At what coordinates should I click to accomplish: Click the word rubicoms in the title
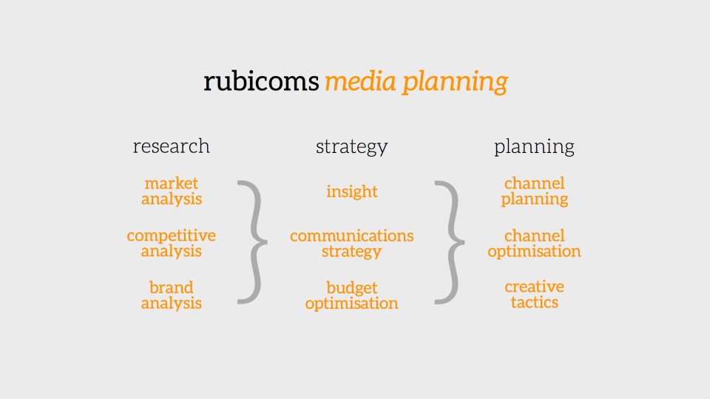coord(261,81)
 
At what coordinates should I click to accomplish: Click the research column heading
coord(172,146)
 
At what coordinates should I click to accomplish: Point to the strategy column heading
coord(352,147)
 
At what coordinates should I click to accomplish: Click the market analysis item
coord(172,191)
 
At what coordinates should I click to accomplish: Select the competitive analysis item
coord(172,243)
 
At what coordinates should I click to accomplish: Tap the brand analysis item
coord(172,295)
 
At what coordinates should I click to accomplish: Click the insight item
coord(352,191)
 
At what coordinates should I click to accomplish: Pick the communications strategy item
coord(352,243)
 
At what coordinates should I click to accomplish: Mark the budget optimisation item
coord(352,295)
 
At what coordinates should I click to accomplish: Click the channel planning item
coord(534,191)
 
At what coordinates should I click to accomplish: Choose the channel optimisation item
coord(534,243)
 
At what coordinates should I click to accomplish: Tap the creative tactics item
coord(534,294)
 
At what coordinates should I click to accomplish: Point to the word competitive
coord(172,236)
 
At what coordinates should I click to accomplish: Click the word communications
coord(352,236)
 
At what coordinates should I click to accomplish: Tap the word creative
coord(534,287)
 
